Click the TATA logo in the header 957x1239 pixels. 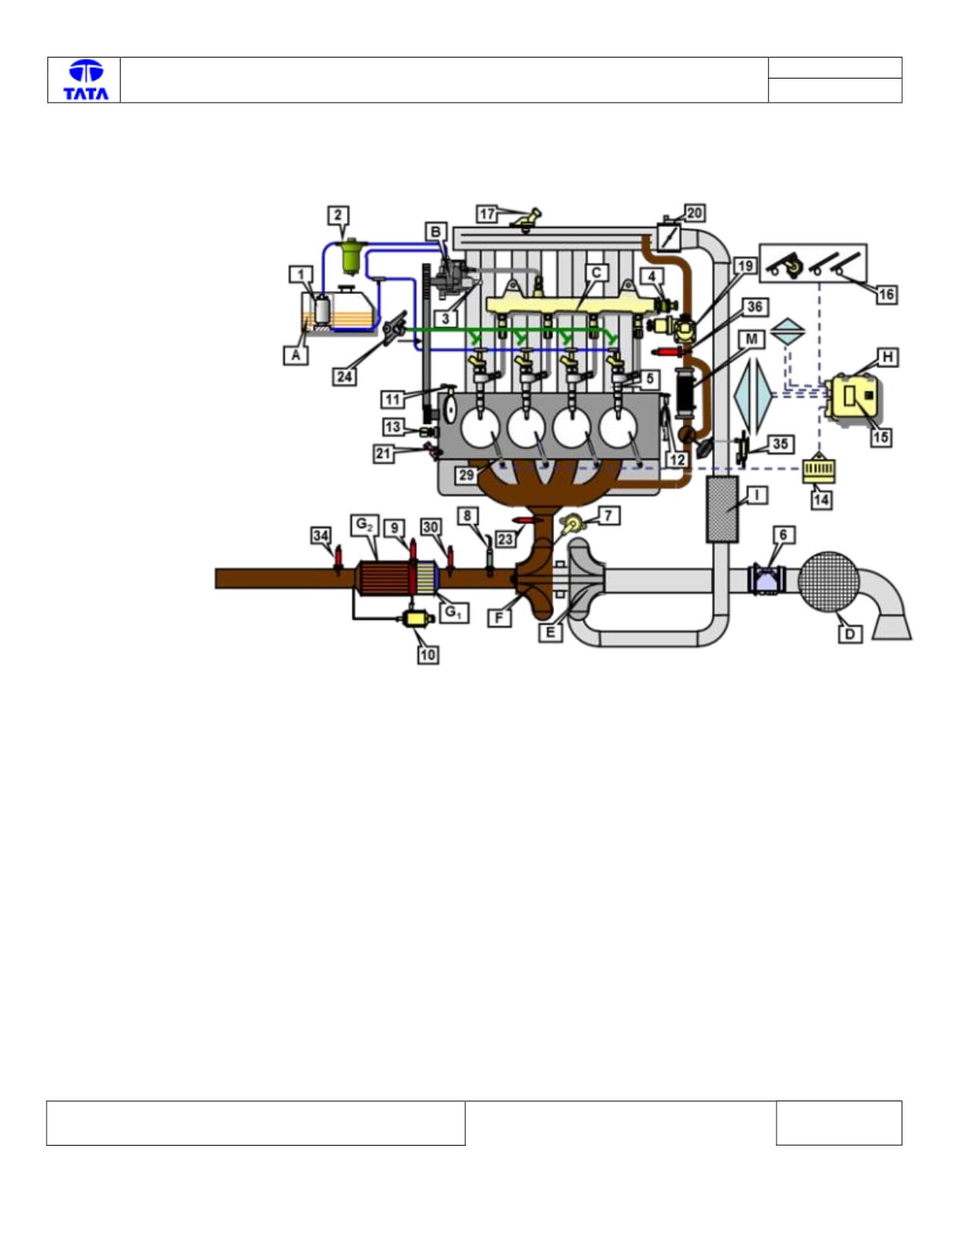click(86, 80)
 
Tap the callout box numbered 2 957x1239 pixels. click(338, 215)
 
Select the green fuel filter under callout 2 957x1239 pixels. click(351, 257)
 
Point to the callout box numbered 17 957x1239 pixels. click(487, 215)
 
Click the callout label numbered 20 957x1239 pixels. click(694, 213)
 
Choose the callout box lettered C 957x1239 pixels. click(597, 273)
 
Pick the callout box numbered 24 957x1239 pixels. click(345, 376)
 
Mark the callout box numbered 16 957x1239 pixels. click(885, 295)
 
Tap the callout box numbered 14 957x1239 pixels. click(822, 500)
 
